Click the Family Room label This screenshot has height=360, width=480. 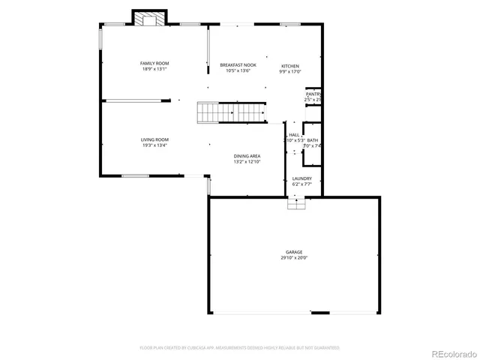click(x=154, y=63)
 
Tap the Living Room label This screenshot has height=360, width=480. click(x=154, y=139)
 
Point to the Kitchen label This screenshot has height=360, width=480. click(x=290, y=66)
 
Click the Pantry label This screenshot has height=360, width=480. click(x=313, y=94)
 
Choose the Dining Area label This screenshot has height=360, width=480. click(x=247, y=156)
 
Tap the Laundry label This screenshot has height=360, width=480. click(x=302, y=178)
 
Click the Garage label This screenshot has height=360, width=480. click(x=294, y=252)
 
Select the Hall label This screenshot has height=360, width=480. click(x=294, y=134)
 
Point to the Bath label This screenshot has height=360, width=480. click(x=312, y=140)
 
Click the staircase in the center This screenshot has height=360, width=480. click(x=232, y=112)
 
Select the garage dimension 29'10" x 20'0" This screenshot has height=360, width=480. click(x=294, y=258)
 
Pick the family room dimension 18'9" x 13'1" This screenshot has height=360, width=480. click(x=154, y=69)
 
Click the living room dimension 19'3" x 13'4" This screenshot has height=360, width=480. click(x=154, y=145)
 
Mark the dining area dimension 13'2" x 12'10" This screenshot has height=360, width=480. click(x=247, y=162)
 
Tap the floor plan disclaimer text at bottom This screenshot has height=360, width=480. click(x=239, y=348)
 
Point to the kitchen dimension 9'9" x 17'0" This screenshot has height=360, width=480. click(x=290, y=72)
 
